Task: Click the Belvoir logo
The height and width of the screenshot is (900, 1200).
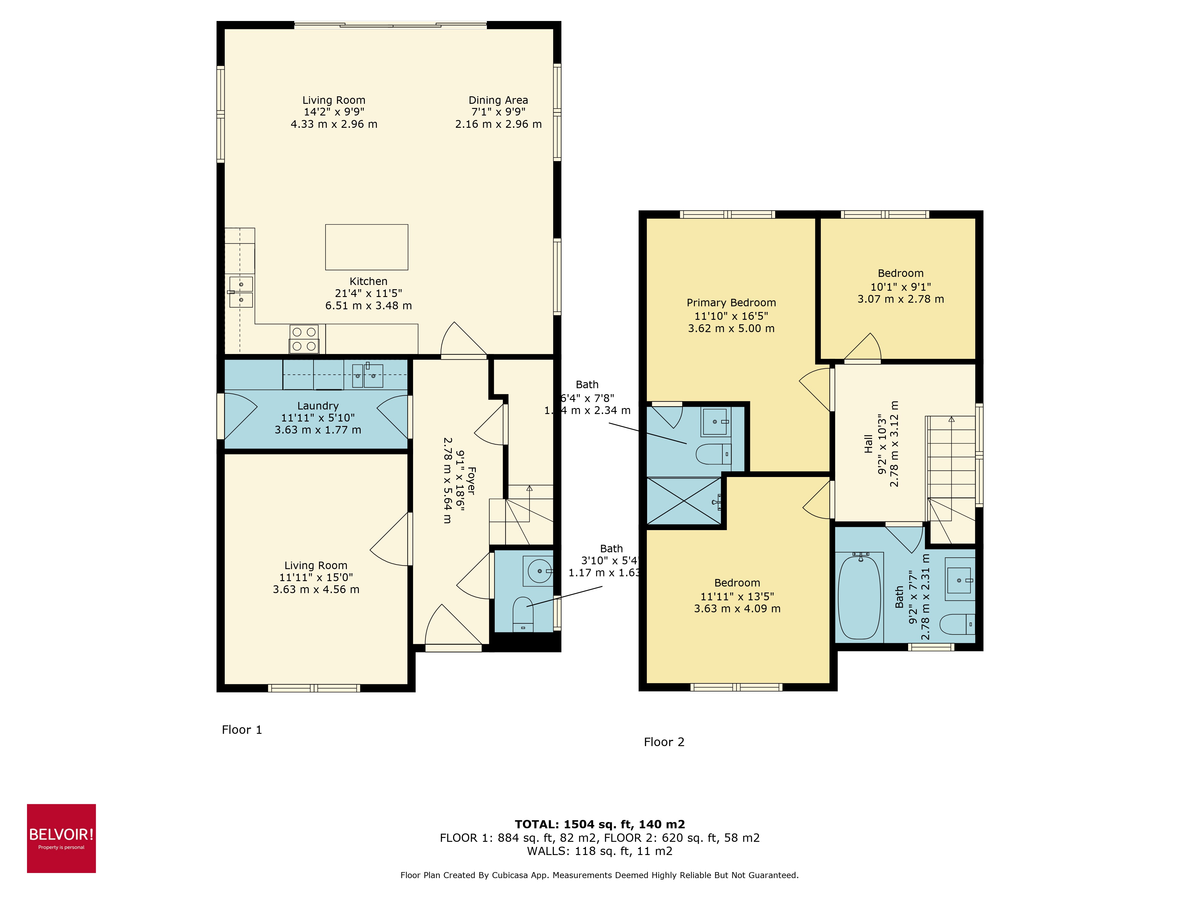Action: point(61,838)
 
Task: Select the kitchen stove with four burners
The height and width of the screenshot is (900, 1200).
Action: point(304,339)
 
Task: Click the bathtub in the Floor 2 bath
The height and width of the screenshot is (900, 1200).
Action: point(859,597)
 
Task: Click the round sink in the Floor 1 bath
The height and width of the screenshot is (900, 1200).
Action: point(539,571)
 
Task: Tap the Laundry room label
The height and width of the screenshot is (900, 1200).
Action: point(318,406)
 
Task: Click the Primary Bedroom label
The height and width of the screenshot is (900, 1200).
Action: point(731,303)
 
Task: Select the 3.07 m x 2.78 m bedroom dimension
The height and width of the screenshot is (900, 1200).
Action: point(901,299)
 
